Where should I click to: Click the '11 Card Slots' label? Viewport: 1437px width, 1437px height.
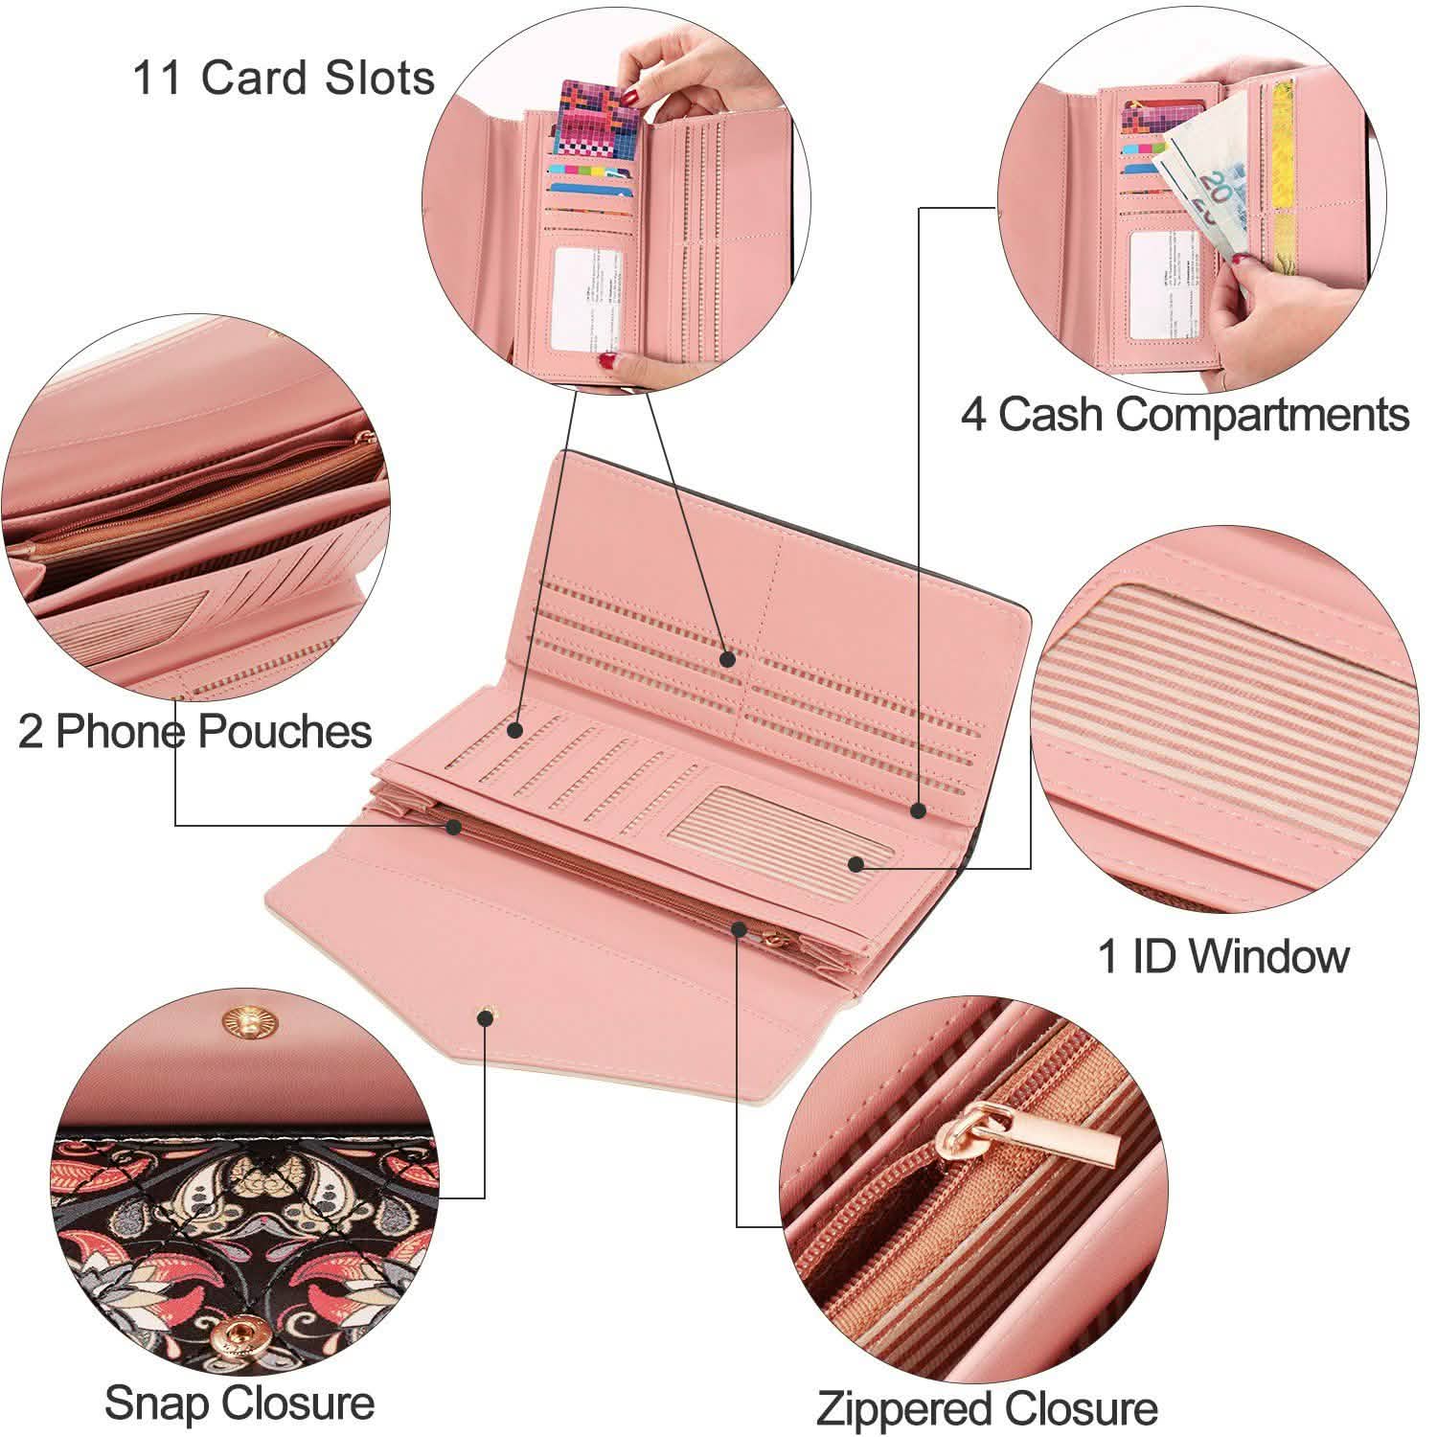[284, 78]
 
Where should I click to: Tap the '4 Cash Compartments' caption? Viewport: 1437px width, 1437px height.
[1184, 415]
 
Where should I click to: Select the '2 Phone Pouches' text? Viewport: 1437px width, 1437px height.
[194, 732]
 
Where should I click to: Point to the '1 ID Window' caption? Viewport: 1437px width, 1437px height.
[1222, 955]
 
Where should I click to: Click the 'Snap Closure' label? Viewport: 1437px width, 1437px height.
[239, 1403]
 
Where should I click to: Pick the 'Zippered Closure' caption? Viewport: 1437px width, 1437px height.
[986, 1408]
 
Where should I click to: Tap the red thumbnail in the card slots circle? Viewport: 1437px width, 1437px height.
[607, 362]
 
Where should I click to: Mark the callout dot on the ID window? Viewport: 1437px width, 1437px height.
[856, 864]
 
